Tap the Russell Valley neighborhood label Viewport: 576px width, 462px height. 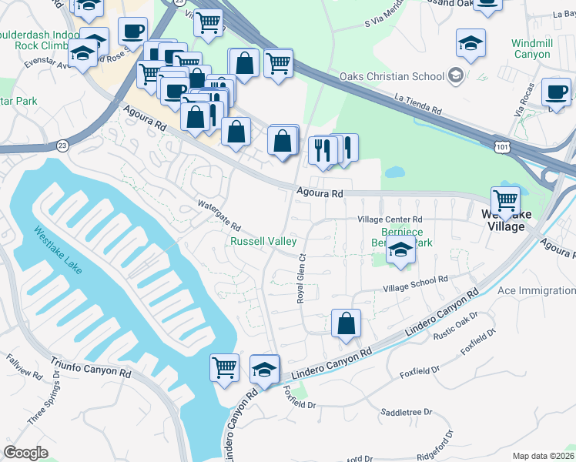coord(264,241)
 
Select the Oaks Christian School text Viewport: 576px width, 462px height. coord(393,76)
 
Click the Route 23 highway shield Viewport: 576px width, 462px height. coord(62,144)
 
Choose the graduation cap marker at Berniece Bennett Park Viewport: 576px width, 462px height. coord(400,252)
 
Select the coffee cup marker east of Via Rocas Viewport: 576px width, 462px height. coord(555,92)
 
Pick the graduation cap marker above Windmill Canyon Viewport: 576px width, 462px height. coord(471,44)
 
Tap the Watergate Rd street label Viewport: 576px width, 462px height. coord(219,216)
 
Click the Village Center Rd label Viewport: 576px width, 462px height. coord(390,219)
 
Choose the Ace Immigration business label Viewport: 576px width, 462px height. coord(536,290)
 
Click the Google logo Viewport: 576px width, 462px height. coord(25,452)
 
